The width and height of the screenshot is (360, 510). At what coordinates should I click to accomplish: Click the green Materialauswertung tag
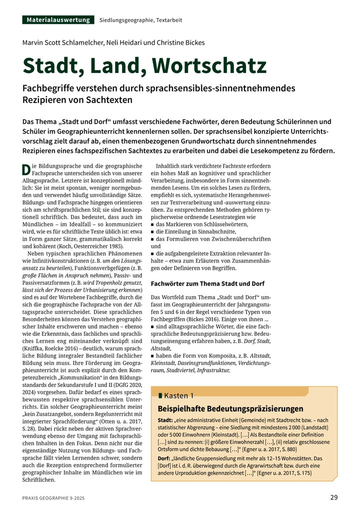(x=58, y=20)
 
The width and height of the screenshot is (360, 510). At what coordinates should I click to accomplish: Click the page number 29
(x=333, y=497)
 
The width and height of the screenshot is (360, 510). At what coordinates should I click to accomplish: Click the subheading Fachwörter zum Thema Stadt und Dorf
(x=207, y=283)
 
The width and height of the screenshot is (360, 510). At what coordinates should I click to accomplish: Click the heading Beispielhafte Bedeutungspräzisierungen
(x=230, y=409)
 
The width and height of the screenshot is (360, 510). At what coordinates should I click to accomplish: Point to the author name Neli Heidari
(x=125, y=43)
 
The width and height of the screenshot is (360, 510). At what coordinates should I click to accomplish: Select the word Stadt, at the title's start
(x=50, y=66)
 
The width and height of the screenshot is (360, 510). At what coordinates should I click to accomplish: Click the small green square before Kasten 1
(x=160, y=396)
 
